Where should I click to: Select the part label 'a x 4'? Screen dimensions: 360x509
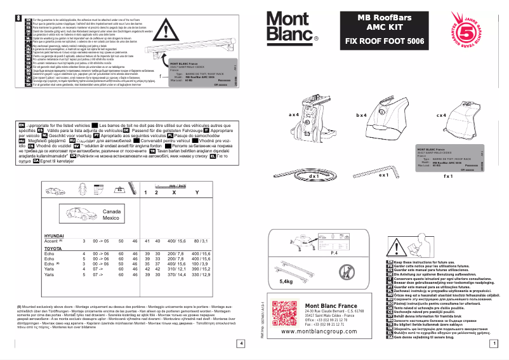tap(293, 115)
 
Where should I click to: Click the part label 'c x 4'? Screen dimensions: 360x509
tap(443, 116)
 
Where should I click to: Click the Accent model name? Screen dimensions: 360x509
tap(50, 241)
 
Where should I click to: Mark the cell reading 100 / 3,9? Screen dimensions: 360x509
tap(200, 263)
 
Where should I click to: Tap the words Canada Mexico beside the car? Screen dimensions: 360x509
tap(111, 214)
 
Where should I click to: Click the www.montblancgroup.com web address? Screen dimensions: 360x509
tap(321, 331)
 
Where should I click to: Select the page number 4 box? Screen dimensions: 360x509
tap(241, 344)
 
